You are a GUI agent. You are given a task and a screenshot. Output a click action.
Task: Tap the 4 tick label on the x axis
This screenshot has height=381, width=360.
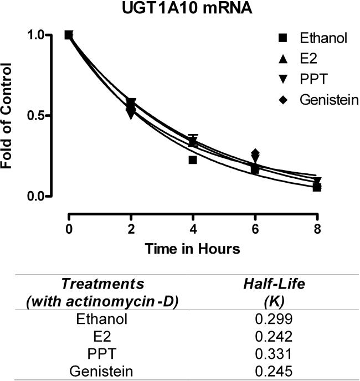(193, 229)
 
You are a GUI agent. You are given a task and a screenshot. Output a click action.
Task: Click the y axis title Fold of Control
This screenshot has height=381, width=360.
(9, 116)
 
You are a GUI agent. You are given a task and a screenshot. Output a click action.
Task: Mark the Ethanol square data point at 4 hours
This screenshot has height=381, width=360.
(193, 160)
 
